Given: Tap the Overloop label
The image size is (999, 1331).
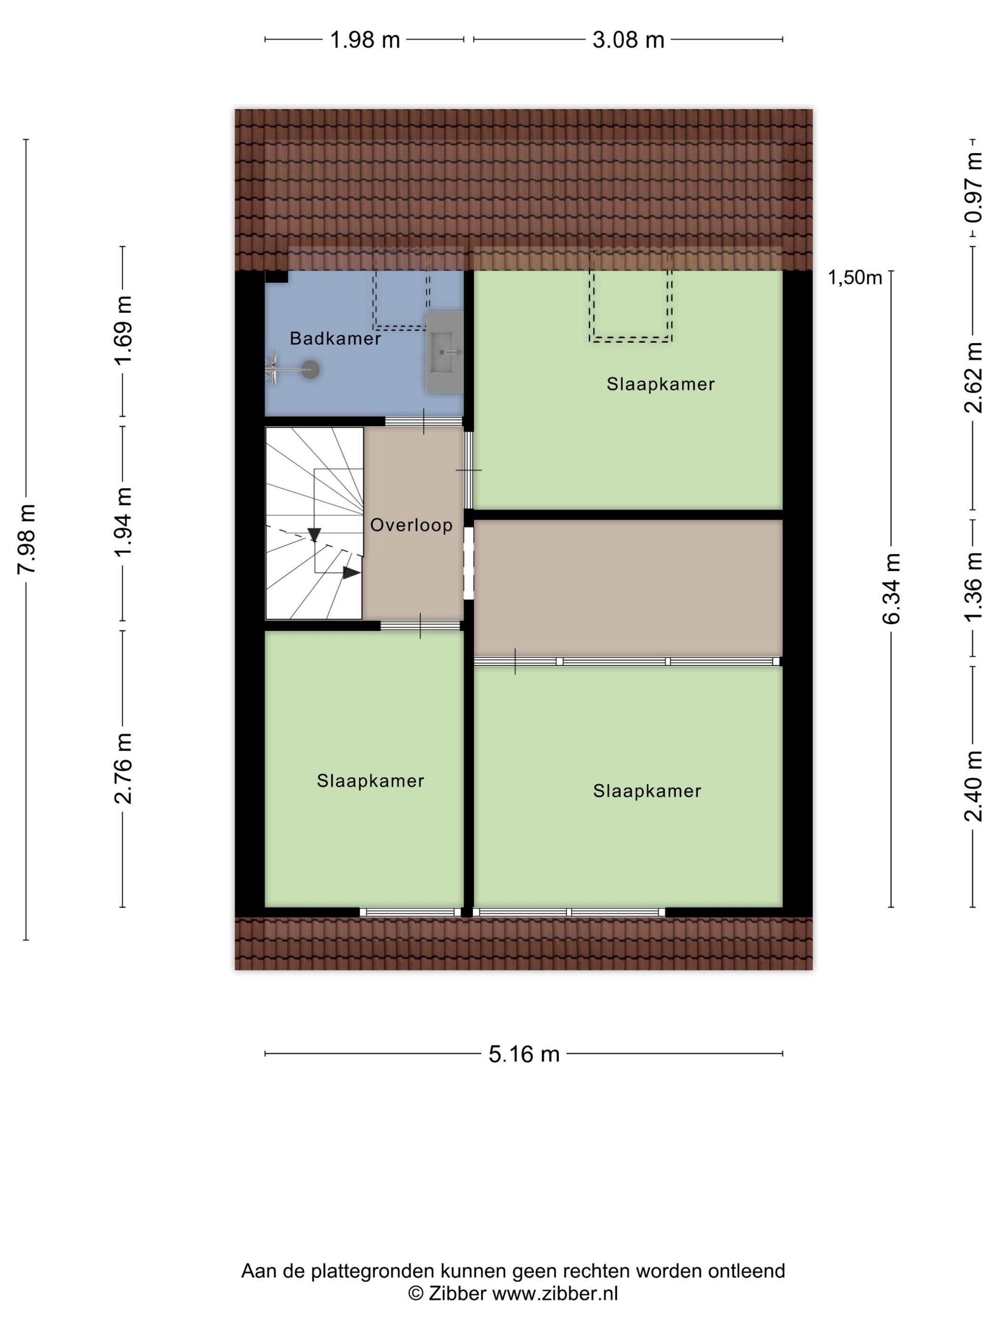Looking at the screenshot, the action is click(411, 525).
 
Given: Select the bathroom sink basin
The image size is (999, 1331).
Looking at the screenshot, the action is click(445, 353).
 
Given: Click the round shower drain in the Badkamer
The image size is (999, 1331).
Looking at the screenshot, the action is click(310, 369).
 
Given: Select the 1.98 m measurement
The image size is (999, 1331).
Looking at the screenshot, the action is click(365, 40).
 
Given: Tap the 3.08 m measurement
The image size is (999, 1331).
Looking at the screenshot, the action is click(628, 40).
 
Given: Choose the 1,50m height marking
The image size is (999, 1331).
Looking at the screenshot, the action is click(855, 278).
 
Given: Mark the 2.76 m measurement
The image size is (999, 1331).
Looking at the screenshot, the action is click(123, 768).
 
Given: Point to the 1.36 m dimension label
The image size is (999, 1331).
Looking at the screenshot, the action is click(973, 587).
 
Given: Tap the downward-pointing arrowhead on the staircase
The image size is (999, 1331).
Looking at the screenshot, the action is click(313, 534).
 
